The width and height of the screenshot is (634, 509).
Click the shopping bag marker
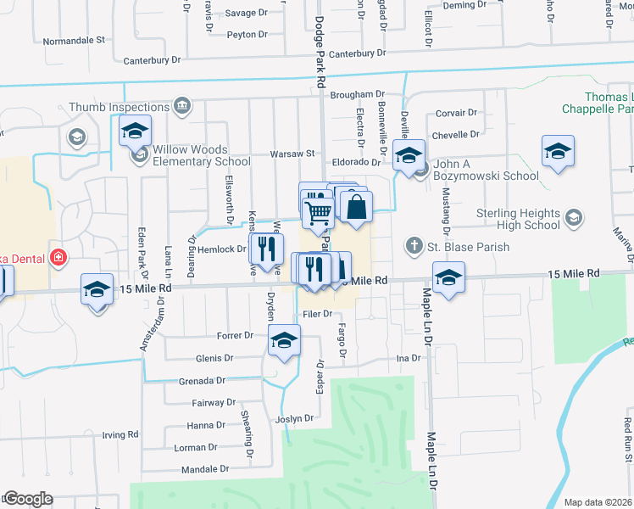pyautogui.click(x=357, y=206)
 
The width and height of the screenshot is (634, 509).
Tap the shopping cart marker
pyautogui.click(x=318, y=212)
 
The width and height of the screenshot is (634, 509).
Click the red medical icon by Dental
pyautogui.click(x=58, y=257)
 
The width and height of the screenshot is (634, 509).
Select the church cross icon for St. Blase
pyautogui.click(x=414, y=247)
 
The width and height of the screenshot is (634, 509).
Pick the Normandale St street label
pyautogui.click(x=74, y=40)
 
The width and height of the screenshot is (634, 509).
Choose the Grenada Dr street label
pyautogui.click(x=202, y=381)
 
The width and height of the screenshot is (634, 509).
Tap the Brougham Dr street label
pyautogui.click(x=358, y=95)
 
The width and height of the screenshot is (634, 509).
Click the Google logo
pyautogui.click(x=28, y=499)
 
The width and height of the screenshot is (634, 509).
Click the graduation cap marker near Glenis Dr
pyautogui.click(x=284, y=341)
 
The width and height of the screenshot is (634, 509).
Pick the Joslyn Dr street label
pyautogui.click(x=294, y=418)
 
